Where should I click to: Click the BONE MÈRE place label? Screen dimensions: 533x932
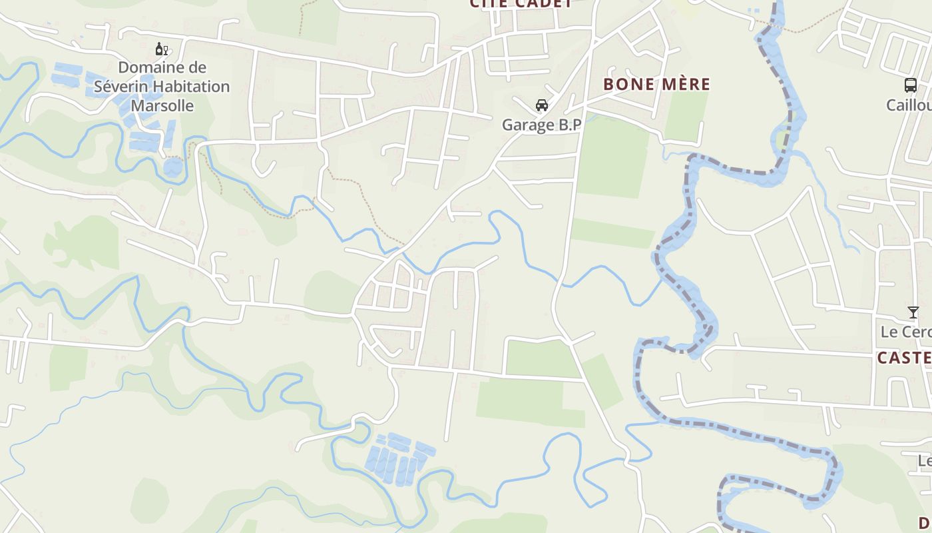(656, 85)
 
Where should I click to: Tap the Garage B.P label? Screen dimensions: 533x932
(541, 125)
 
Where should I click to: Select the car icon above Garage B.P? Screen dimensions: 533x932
(542, 105)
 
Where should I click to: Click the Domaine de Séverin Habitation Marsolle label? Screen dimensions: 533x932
(162, 87)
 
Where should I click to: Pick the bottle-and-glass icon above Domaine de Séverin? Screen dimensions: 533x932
(161, 49)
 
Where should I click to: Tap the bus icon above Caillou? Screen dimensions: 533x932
(910, 85)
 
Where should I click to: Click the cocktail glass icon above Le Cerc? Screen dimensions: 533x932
(913, 312)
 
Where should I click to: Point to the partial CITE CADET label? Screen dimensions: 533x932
(521, 4)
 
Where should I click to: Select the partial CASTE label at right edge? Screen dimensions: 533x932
(904, 358)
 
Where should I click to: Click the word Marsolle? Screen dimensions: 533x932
(162, 106)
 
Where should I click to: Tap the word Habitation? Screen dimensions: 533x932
(190, 87)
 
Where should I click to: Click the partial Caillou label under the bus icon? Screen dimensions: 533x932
(909, 105)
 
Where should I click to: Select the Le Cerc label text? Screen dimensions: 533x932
(905, 332)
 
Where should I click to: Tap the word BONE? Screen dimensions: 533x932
(626, 85)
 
